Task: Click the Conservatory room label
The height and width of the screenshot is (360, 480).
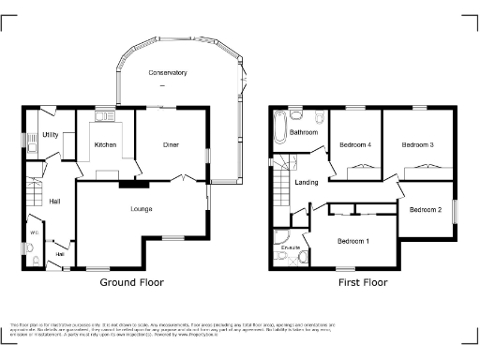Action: click(x=168, y=72)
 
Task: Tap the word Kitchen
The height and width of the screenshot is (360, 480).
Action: click(x=105, y=144)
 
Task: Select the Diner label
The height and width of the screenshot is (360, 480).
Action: click(x=171, y=144)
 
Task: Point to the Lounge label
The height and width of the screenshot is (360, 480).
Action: click(x=142, y=208)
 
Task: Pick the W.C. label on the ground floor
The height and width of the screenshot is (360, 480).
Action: click(x=34, y=232)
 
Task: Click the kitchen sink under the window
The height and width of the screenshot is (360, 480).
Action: click(x=105, y=116)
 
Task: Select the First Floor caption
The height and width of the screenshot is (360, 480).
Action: click(x=363, y=281)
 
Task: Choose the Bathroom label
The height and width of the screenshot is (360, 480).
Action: click(x=304, y=133)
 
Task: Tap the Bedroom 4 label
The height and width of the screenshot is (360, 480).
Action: click(x=355, y=144)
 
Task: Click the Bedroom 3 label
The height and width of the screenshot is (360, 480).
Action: click(x=417, y=144)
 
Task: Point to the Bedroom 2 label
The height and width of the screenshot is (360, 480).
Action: click(x=426, y=209)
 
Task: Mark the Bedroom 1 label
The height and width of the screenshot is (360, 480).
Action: click(x=353, y=242)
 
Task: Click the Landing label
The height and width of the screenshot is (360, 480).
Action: click(x=306, y=182)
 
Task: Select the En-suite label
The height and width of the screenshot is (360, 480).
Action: click(x=291, y=247)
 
